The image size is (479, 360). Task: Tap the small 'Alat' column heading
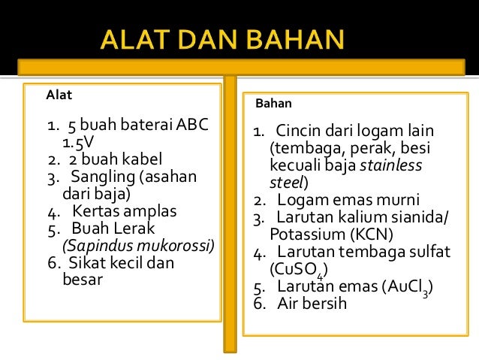click(59, 95)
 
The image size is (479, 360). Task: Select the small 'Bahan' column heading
click(274, 104)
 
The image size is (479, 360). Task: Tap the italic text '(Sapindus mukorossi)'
click(138, 246)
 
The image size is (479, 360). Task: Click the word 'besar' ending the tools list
click(80, 280)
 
